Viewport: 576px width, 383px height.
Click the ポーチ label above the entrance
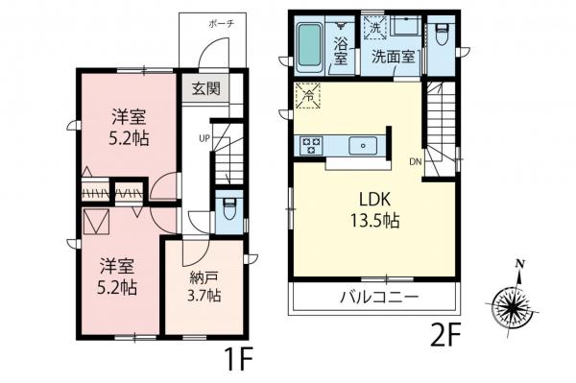pyautogui.click(x=221, y=24)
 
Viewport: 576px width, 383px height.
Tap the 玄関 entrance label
pyautogui.click(x=205, y=88)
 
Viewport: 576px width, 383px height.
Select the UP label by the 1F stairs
pyautogui.click(x=204, y=138)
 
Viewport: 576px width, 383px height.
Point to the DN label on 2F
pyautogui.click(x=416, y=161)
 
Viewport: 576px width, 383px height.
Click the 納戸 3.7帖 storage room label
pyautogui.click(x=204, y=286)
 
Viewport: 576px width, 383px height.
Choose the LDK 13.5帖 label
pyautogui.click(x=374, y=210)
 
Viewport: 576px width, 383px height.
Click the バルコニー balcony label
pyautogui.click(x=379, y=296)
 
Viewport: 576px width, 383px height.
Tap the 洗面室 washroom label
pyautogui.click(x=393, y=57)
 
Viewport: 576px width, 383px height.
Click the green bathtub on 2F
pyautogui.click(x=310, y=48)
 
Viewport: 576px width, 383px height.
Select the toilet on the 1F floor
pyautogui.click(x=229, y=208)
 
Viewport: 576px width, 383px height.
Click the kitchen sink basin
pyautogui.click(x=363, y=146)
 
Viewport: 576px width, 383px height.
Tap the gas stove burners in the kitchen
pyautogui.click(x=311, y=145)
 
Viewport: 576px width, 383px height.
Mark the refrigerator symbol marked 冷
pyautogui.click(x=308, y=96)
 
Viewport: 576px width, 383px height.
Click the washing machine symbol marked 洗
pyautogui.click(x=374, y=27)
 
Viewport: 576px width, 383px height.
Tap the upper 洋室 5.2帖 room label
pyautogui.click(x=129, y=129)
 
